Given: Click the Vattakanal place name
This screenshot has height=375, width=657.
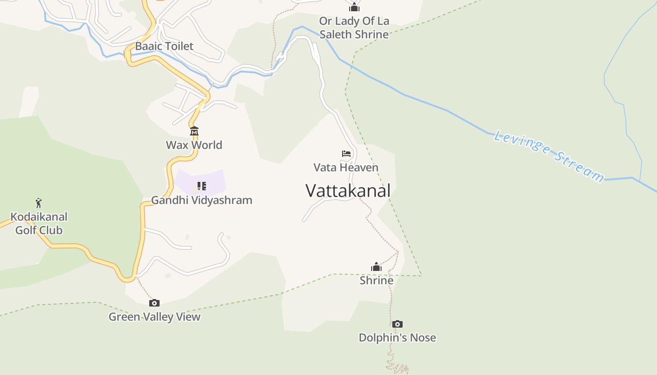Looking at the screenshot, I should (348, 191).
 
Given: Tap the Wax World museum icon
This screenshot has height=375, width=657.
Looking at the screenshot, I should (194, 131).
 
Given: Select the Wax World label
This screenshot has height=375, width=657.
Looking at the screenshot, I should (194, 145).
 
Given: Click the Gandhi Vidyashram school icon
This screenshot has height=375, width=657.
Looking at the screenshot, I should (202, 186).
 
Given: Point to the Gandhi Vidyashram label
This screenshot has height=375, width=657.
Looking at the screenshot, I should (201, 200).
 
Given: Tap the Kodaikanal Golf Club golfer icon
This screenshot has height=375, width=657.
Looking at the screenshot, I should (39, 203).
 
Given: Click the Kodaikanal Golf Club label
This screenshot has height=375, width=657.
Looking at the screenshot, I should (39, 224).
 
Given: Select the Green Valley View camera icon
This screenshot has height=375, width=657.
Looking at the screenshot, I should (154, 303).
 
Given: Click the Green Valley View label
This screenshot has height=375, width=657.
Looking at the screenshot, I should (154, 317).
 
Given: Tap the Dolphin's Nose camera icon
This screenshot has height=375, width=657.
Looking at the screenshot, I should (397, 324).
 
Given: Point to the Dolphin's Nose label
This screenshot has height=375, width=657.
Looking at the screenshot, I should (397, 337).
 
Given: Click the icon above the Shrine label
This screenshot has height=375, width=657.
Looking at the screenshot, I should (376, 267).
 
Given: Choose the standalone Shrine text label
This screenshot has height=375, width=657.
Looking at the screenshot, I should (376, 280).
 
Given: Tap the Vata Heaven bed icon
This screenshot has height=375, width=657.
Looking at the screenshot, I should (346, 154).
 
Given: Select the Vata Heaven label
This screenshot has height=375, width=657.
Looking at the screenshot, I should (346, 167).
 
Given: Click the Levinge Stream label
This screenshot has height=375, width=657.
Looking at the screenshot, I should (549, 156).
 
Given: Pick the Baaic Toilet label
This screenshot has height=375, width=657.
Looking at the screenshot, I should (164, 46).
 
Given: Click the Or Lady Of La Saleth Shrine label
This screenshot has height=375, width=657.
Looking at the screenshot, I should (354, 28).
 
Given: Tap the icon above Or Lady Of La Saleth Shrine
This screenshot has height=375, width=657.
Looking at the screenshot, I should (354, 7).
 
